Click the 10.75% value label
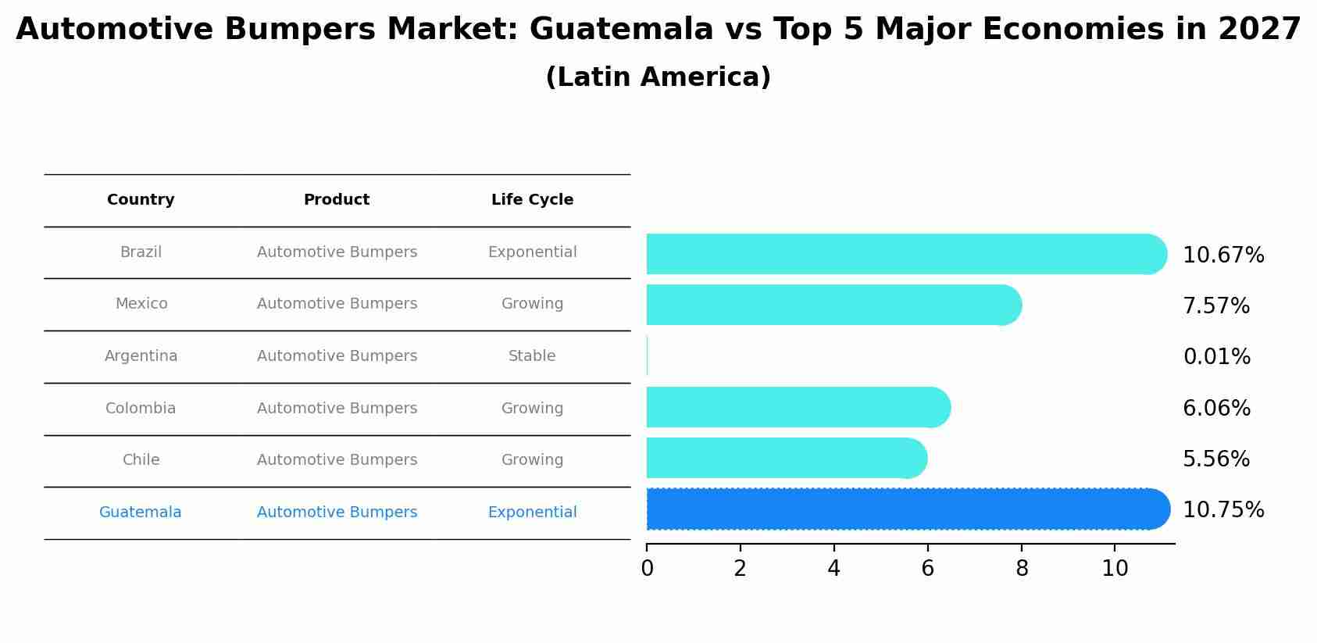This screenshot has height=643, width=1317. point(1222,510)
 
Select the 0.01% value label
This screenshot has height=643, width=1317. point(1216,357)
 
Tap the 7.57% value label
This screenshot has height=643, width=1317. point(1215,306)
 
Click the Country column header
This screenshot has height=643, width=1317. point(141,200)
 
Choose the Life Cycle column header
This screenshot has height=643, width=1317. point(532,200)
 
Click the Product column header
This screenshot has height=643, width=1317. point(337,200)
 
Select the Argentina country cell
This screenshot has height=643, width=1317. point(141,356)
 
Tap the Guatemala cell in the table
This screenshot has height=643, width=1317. point(140,513)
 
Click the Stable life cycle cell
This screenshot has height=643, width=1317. point(532,356)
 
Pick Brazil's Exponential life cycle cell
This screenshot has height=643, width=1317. point(532,252)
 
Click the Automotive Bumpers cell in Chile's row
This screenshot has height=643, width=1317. point(337,460)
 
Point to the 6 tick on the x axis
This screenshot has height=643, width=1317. point(927,568)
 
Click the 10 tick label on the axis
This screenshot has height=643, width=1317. point(1115,568)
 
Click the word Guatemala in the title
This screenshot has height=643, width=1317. point(621,30)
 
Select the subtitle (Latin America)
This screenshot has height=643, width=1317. point(658,77)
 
